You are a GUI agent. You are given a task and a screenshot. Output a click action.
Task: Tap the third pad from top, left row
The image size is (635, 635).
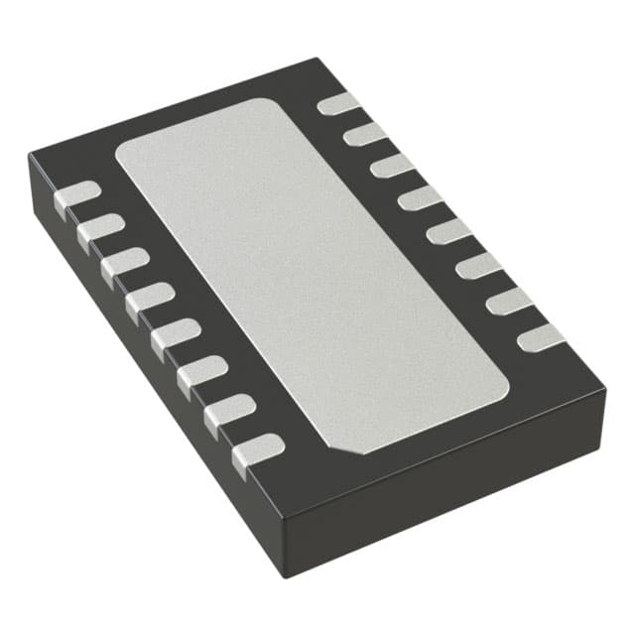(x=125, y=263)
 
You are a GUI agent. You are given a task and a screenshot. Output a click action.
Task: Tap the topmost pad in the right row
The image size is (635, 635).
(x=338, y=102)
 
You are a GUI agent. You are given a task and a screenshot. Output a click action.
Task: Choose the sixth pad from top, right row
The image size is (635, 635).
(x=478, y=265)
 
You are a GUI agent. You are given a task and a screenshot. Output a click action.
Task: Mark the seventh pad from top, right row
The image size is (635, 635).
(x=509, y=301)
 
